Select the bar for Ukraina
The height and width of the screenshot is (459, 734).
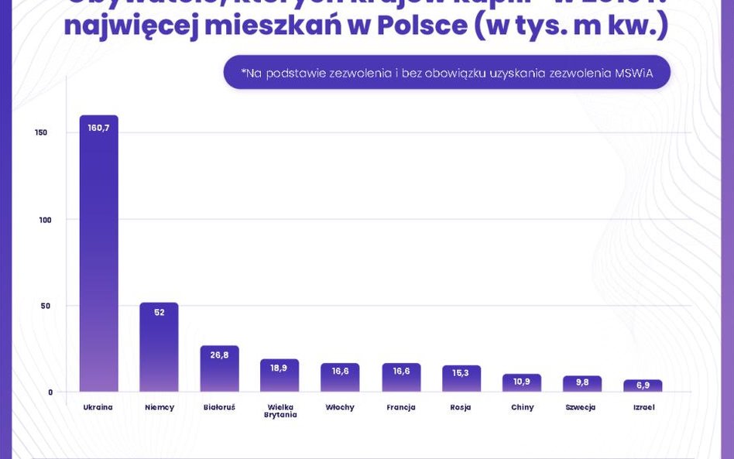pos(98,255)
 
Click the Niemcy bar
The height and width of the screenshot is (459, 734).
pos(159,348)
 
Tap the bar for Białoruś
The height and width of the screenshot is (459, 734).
pos(219,370)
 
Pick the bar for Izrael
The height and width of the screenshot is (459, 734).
pos(643,385)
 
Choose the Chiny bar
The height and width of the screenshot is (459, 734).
pos(522,383)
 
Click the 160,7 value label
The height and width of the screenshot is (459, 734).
pos(98,128)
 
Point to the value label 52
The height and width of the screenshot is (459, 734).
pos(159,313)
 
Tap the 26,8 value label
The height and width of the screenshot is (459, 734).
pos(219,355)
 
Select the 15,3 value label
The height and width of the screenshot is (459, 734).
pos(461,373)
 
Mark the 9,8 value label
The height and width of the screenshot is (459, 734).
pos(582,382)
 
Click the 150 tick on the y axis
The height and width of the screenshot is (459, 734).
pos(41,132)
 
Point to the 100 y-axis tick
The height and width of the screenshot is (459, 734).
pos(45,220)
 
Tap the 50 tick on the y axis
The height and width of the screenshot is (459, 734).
pos(46,306)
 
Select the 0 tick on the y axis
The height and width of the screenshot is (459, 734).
pos(50,392)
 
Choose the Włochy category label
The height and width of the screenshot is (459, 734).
pos(340,407)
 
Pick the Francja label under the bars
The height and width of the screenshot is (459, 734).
pos(401,407)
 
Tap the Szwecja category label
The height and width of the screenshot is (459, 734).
pos(581,407)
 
